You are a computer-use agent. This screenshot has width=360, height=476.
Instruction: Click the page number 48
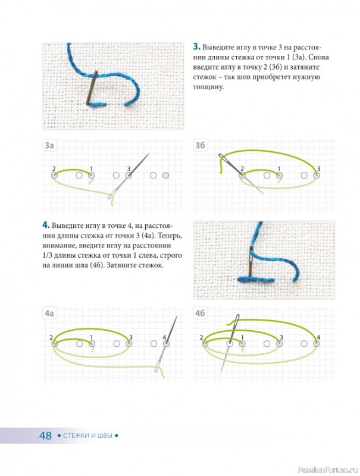pos(46,436)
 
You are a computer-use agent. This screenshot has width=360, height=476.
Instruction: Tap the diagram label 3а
pos(49,145)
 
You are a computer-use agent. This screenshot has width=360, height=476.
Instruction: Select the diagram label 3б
pos(200,145)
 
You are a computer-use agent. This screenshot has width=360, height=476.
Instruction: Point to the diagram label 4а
pos(49,313)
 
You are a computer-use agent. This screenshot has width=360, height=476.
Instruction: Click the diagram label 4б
pos(200,313)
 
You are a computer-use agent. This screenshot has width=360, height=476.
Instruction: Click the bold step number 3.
pos(196,47)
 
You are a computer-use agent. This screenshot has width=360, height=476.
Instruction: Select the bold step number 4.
pos(46,226)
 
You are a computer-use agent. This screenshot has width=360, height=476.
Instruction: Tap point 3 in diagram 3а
pos(129,175)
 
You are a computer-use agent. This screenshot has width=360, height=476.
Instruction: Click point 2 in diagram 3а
pos(54,175)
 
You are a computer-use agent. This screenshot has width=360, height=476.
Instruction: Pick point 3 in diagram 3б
pos(317,175)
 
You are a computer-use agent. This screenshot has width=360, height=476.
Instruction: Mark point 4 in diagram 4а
pos(166,344)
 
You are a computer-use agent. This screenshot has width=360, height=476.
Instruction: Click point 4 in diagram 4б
pos(317,344)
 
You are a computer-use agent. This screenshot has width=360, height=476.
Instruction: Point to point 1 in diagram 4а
pos(92,344)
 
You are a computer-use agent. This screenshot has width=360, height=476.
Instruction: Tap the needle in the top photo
pos(92,88)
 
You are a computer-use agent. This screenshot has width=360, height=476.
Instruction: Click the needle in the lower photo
pos(252,262)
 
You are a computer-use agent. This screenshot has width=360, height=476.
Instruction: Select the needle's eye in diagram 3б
pos(223,158)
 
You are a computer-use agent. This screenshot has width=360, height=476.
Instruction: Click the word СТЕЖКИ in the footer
pos(76,436)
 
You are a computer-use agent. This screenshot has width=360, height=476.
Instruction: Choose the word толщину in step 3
pos(208,87)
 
